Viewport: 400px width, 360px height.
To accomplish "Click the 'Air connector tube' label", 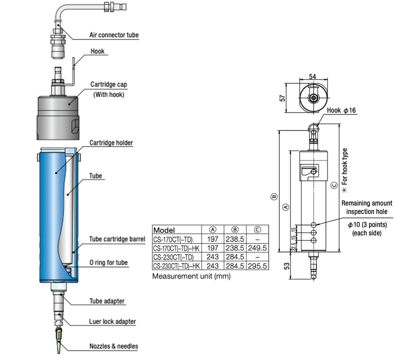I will coord(113,35).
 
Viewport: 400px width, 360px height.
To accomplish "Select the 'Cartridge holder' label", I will coord(111,142).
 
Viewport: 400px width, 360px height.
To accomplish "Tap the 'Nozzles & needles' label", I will coord(113,346).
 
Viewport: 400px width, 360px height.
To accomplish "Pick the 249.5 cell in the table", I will coord(257,248).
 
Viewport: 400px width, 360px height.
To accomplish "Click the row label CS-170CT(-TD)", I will coord(172,239).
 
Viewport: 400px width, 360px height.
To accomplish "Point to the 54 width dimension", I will coord(313,75).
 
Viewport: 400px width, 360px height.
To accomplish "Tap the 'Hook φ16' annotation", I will coord(341,110).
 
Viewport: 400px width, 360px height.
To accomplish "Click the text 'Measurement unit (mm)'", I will coord(184,276).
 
